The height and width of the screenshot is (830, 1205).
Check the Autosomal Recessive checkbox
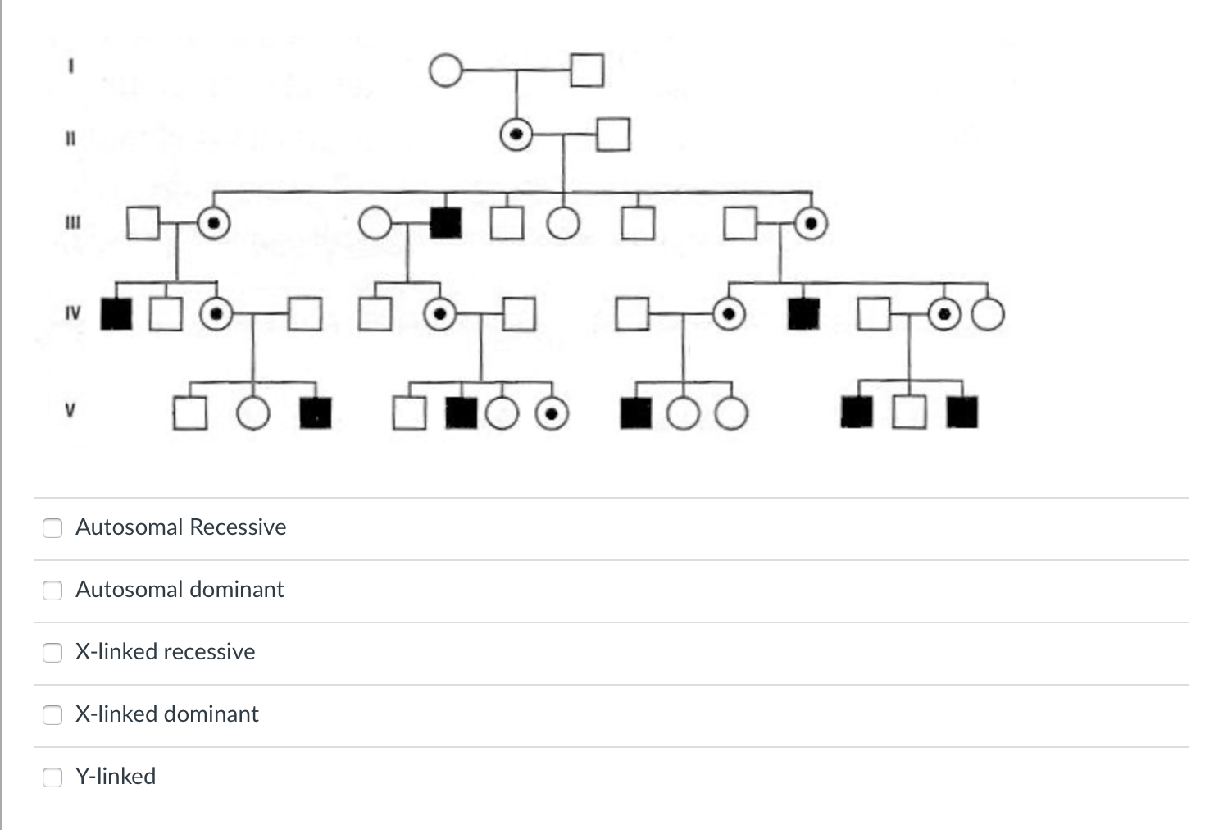pyautogui.click(x=52, y=527)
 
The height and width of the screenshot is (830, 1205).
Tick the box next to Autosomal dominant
pyautogui.click(x=52, y=590)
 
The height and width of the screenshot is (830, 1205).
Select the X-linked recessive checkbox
pyautogui.click(x=52, y=652)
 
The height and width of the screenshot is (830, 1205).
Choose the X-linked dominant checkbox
pyautogui.click(x=52, y=714)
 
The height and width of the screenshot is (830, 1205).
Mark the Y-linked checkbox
pyautogui.click(x=52, y=777)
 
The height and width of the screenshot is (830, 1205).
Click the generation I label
pyautogui.click(x=71, y=70)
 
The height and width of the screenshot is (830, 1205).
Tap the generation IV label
pyautogui.click(x=72, y=313)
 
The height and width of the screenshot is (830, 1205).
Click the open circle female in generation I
pyautogui.click(x=445, y=71)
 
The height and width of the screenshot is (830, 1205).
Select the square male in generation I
pyautogui.click(x=587, y=71)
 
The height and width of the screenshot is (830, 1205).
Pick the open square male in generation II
pyautogui.click(x=613, y=135)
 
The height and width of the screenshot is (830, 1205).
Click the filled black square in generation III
pyautogui.click(x=446, y=223)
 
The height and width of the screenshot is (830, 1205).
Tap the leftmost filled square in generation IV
pyautogui.click(x=116, y=314)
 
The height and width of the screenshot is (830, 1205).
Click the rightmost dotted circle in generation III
pyautogui.click(x=811, y=223)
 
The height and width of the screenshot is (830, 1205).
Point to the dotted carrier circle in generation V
pyautogui.click(x=552, y=414)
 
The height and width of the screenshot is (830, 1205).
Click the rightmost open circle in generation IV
pyautogui.click(x=988, y=314)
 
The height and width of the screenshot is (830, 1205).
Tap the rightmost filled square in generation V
pyautogui.click(x=962, y=413)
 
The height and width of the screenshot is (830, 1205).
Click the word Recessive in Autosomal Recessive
pyautogui.click(x=237, y=527)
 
